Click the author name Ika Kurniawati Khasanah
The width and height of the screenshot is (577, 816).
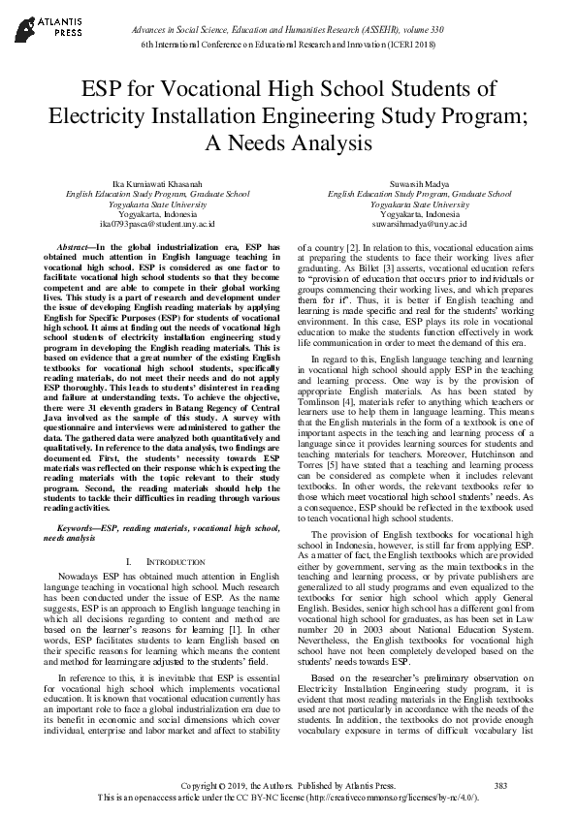157,183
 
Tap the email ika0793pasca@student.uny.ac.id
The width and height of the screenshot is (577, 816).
157,223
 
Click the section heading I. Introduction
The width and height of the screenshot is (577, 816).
157,562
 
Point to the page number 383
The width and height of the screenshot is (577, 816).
500,785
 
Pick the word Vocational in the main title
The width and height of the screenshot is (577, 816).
201,91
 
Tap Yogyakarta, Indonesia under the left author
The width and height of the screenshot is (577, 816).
157,213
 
